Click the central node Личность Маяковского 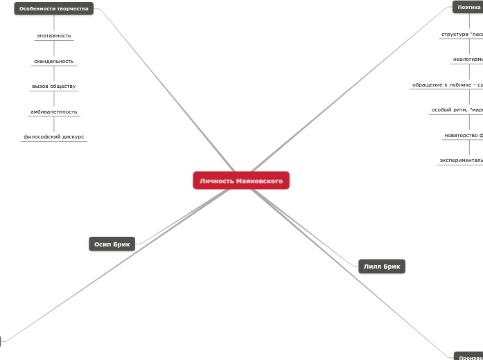pos(241,181)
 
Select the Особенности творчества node pos(54,8)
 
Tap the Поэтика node pos(468,7)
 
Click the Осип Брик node pos(112,244)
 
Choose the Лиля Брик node pos(382,267)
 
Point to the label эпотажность pos(54,35)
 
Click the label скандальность pos(54,61)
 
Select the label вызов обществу pos(54,87)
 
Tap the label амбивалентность pos(54,111)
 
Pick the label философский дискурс pos(54,137)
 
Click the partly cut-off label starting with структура pos(462,34)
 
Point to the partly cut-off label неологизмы pos(468,60)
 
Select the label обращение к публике pos(447,84)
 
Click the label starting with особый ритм pos(457,109)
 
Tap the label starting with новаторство pos(463,135)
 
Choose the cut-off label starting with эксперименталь pos(461,160)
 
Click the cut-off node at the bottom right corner pos(469,357)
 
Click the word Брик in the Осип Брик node pos(121,244)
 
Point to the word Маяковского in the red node pos(259,181)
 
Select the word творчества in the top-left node pos(72,8)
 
